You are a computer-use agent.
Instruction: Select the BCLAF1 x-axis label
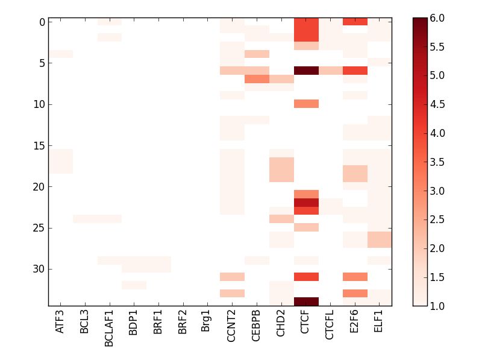109,326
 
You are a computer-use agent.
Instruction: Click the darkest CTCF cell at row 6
306,71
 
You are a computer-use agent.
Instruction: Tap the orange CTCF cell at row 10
306,104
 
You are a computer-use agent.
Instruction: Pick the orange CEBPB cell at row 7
257,79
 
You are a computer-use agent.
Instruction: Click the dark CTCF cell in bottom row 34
306,302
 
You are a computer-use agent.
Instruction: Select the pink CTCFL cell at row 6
330,71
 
